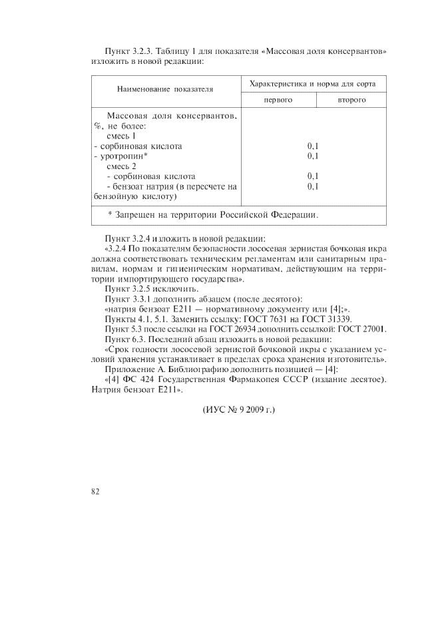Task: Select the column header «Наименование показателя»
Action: click(165, 89)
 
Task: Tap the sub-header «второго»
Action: click(351, 100)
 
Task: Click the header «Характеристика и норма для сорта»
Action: click(312, 84)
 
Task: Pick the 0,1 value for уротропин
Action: click(313, 156)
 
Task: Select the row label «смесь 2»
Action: click(121, 166)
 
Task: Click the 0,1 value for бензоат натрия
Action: click(313, 187)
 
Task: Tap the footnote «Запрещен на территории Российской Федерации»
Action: click(213, 215)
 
